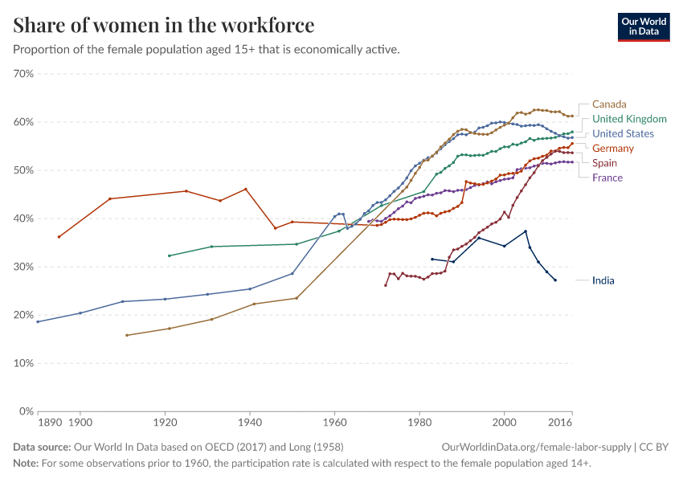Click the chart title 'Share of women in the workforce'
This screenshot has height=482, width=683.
[x=164, y=26]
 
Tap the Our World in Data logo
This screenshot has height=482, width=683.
[x=643, y=27]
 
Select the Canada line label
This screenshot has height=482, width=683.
[x=609, y=104]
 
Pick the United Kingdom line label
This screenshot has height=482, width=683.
[x=629, y=119]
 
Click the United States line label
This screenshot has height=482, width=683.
[x=623, y=134]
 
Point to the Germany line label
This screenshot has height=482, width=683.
[x=612, y=149]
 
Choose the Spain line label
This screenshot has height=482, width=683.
[x=604, y=163]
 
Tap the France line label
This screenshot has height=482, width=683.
[x=607, y=178]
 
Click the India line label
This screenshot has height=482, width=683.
[x=603, y=280]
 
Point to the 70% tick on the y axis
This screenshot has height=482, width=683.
[x=24, y=74]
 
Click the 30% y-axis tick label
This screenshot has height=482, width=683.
[x=24, y=267]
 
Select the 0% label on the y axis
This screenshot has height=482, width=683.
[x=27, y=411]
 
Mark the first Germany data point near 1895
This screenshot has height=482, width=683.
[x=59, y=237]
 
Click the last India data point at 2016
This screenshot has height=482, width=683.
[x=555, y=280]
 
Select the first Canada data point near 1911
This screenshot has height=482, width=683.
[x=127, y=335]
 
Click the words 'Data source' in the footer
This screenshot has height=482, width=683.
[x=40, y=447]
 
